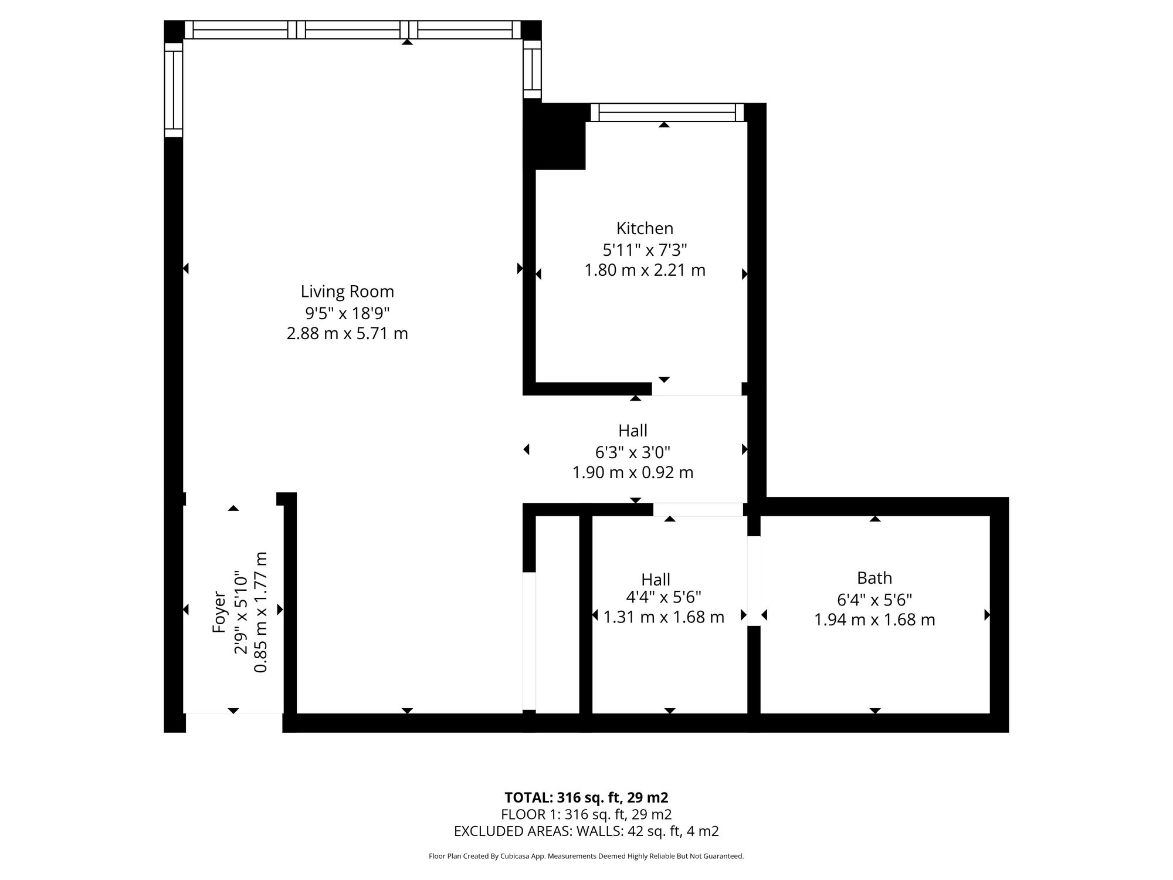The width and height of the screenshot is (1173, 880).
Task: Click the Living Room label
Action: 347,292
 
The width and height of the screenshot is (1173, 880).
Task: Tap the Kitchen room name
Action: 645,228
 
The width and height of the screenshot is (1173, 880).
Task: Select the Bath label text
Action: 874,578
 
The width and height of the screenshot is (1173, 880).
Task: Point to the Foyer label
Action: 219,612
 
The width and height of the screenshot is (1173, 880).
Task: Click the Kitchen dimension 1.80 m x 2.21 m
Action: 645,270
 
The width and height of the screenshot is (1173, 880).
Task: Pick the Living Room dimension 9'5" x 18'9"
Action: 347,313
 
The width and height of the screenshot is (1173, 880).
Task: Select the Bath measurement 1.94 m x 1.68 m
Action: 874,620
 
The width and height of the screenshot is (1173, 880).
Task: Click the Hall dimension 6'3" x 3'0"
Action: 633,452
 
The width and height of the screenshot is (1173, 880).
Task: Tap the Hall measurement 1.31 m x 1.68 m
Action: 664,617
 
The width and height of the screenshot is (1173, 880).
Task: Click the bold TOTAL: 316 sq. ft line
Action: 586,797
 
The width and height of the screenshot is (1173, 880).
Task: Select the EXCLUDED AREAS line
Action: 586,831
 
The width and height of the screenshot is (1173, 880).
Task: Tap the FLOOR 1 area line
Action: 586,814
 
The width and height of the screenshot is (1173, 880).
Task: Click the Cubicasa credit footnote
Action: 586,857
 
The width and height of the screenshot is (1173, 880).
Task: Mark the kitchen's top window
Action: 667,112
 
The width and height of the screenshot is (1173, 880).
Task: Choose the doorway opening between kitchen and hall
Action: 697,389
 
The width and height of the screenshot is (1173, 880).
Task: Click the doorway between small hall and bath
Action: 754,581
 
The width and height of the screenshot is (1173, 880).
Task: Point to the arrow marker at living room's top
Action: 407,42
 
